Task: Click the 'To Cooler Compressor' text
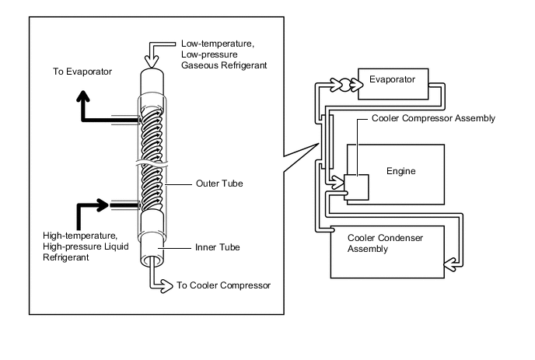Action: click(224, 285)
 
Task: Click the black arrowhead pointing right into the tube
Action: click(103, 205)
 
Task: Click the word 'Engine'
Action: click(401, 170)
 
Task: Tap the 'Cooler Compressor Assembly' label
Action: click(433, 118)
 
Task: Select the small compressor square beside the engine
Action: click(357, 187)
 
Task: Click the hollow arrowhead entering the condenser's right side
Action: click(449, 267)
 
